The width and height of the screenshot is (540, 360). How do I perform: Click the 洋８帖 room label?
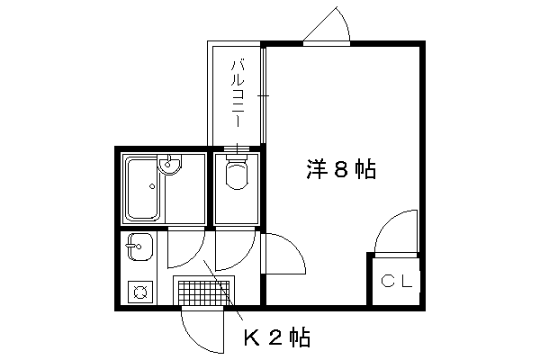pyautogui.click(x=341, y=169)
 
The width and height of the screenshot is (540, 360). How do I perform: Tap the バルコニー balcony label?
pyautogui.click(x=238, y=94)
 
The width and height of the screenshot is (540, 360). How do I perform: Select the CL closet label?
pyautogui.click(x=397, y=281)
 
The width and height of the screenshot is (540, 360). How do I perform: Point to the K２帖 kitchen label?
pyautogui.click(x=277, y=337)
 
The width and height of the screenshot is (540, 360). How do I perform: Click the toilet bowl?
pyautogui.click(x=237, y=175)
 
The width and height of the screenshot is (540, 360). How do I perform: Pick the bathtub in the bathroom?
pyautogui.click(x=143, y=188)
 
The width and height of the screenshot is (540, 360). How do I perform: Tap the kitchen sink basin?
pyautogui.click(x=139, y=247)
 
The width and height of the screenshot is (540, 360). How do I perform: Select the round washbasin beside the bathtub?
pyautogui.click(x=169, y=165)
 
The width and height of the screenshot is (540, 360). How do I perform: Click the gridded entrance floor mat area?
pyautogui.click(x=203, y=292)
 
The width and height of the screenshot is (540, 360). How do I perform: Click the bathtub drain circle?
pyautogui.click(x=152, y=186)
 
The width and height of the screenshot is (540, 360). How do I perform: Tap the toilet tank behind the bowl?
pyautogui.click(x=237, y=157)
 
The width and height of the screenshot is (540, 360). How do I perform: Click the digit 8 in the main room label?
pyautogui.click(x=341, y=169)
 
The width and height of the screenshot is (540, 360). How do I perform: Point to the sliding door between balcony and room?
pyautogui.click(x=263, y=95)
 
